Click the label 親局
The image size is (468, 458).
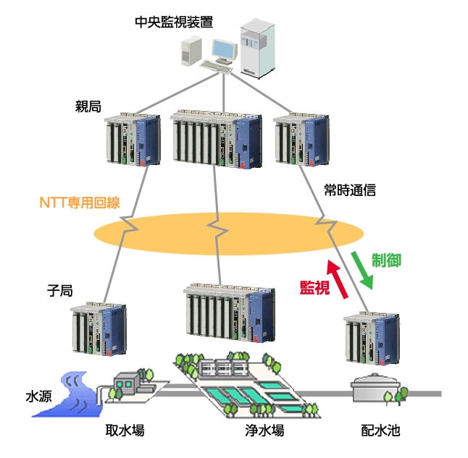(88, 106)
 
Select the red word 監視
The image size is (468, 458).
(315, 287)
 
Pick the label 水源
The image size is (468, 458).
(38, 396)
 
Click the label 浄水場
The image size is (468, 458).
(264, 431)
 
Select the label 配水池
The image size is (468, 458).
(381, 431)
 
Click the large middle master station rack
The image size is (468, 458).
(217, 139)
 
